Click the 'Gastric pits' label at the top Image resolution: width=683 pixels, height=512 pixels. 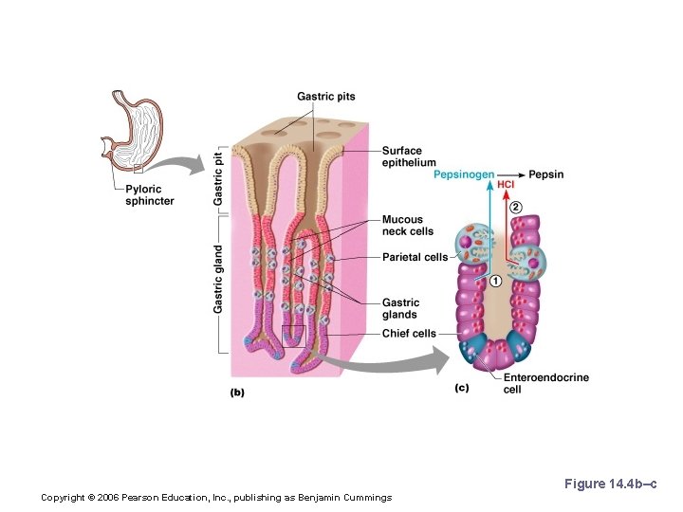325,97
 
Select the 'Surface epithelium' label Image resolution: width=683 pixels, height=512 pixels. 409,156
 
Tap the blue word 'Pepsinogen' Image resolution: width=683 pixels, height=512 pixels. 463,174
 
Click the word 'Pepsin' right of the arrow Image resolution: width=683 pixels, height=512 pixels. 546,174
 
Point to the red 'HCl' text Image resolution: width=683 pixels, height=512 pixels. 506,184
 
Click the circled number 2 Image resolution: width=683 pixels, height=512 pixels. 515,207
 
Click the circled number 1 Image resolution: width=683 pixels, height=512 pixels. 496,281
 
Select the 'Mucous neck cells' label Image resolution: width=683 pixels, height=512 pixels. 408,226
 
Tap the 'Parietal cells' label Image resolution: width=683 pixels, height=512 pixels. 415,257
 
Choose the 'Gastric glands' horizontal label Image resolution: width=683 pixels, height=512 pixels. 399,308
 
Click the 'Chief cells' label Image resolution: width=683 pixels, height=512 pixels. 409,334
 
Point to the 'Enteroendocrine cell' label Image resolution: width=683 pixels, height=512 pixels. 545,383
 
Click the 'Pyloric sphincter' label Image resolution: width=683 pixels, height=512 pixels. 150,195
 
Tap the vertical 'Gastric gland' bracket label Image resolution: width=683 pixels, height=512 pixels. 219,279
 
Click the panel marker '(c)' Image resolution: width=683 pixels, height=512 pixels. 462,387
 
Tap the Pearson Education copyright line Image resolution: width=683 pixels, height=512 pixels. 216,498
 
